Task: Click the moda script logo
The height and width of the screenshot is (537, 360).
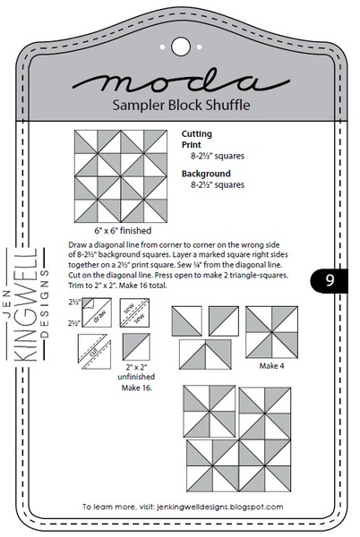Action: point(179,81)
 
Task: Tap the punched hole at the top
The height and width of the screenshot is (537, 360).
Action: point(179,42)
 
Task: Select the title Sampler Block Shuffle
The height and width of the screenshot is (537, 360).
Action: point(179,106)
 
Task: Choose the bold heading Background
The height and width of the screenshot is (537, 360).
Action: point(206,173)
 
